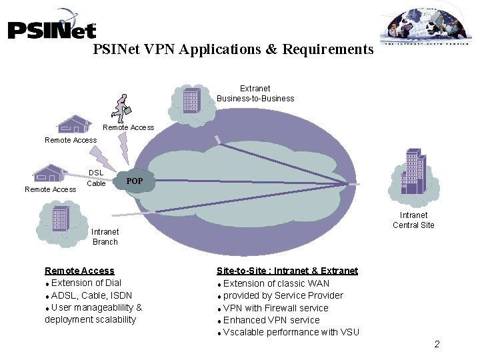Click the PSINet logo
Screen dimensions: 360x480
[52, 27]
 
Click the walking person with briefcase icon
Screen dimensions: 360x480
[122, 106]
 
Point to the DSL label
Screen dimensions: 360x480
[96, 173]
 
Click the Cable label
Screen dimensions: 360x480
[96, 183]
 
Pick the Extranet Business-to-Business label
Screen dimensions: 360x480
[255, 93]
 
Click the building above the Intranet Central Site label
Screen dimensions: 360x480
[414, 171]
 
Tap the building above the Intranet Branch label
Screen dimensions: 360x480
[61, 217]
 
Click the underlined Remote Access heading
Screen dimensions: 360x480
[79, 271]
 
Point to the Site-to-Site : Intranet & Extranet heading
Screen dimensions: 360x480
[287, 271]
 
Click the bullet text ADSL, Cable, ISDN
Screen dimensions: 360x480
[91, 295]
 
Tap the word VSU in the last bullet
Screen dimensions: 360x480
[349, 332]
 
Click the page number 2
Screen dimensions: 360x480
[437, 344]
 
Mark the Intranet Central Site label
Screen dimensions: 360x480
[413, 220]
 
